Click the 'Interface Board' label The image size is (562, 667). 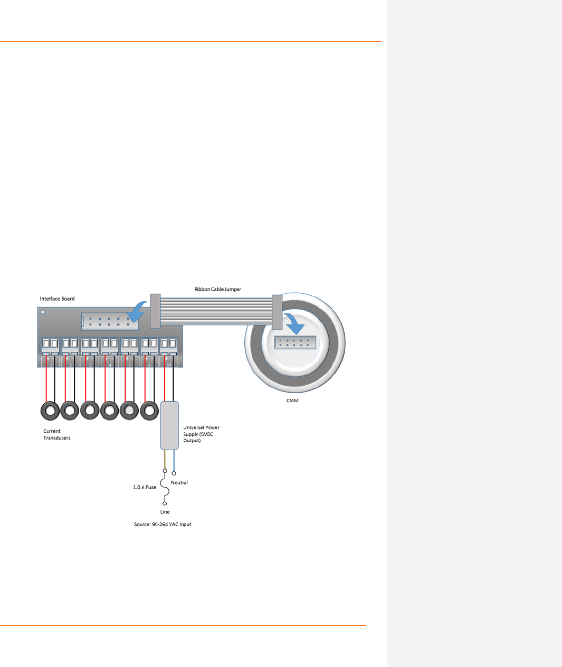[57, 299]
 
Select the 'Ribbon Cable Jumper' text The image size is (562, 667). [217, 289]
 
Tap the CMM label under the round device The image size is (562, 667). [292, 401]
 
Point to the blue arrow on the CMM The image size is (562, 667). [292, 323]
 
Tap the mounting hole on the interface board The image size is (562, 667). [43, 312]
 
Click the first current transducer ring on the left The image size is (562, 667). [50, 410]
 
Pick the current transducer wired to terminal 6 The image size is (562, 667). [149, 410]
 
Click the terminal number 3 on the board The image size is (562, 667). [90, 365]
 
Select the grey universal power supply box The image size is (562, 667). [169, 425]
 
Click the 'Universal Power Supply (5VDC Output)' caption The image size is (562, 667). [201, 434]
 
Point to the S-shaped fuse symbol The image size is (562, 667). [165, 488]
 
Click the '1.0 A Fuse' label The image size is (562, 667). [144, 488]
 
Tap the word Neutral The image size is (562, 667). [179, 482]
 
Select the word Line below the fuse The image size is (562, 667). [165, 512]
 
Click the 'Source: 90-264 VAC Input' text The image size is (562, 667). [163, 525]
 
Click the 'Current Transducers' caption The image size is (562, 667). [56, 434]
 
